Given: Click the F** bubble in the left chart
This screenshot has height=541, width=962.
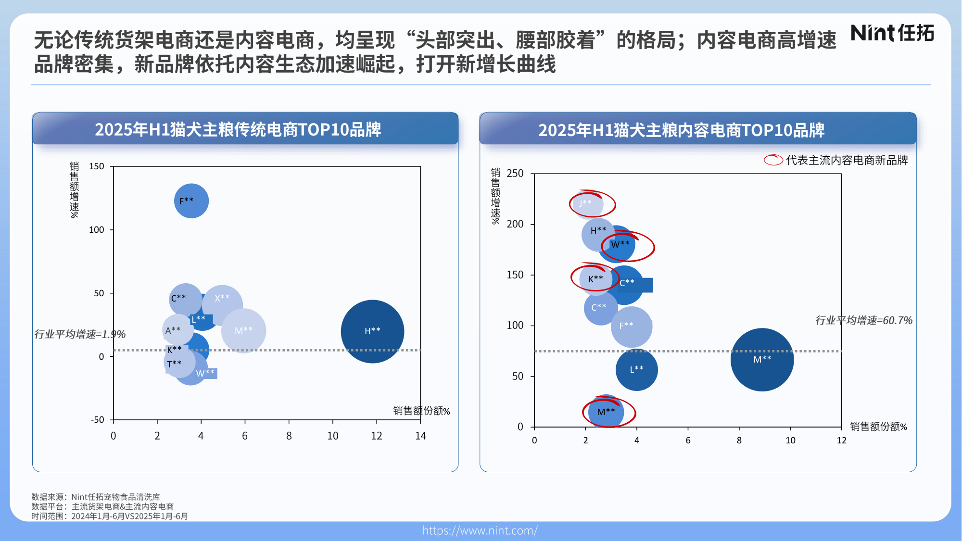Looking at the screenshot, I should [x=191, y=201].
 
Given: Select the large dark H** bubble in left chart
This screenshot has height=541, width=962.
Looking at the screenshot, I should [x=372, y=331].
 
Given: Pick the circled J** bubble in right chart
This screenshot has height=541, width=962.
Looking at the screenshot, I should [x=586, y=203].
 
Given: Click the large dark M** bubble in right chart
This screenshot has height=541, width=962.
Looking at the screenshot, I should [x=762, y=360].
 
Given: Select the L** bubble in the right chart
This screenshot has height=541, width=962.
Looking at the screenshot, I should [x=636, y=370].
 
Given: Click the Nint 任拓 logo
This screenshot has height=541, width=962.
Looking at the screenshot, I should [x=892, y=33].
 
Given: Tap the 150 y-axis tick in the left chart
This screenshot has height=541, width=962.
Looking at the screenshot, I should [x=96, y=166].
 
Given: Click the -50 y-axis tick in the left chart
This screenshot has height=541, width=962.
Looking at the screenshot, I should [x=98, y=420].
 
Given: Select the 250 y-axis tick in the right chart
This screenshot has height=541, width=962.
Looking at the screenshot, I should [x=515, y=174].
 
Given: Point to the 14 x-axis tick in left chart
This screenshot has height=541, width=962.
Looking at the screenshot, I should [x=420, y=436].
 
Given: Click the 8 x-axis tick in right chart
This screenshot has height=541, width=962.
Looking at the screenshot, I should [x=739, y=440].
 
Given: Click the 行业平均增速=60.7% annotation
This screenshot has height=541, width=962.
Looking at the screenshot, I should [x=863, y=320].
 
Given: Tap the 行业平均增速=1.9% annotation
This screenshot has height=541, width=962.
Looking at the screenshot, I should [x=80, y=334].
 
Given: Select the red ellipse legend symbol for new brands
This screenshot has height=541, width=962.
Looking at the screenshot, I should [x=773, y=160].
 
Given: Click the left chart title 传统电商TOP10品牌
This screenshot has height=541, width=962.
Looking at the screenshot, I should [x=238, y=129].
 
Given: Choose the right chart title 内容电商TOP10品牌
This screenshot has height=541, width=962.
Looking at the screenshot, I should [x=681, y=130].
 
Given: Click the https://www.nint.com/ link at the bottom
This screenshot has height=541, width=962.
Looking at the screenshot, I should [x=480, y=530].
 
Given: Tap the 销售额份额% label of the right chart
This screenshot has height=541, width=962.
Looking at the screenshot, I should [x=878, y=427].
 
